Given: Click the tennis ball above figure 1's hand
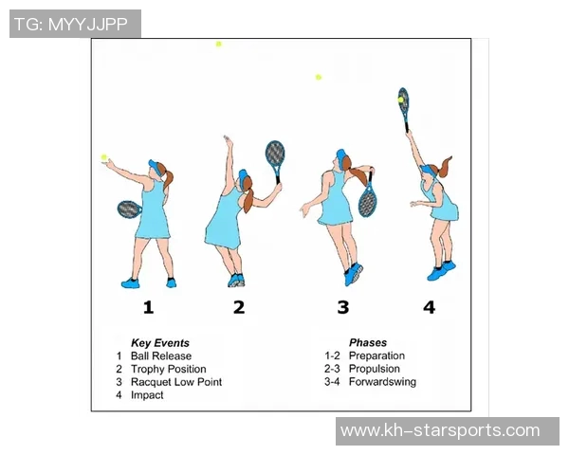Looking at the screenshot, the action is [103, 157].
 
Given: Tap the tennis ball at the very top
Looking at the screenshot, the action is [218, 45].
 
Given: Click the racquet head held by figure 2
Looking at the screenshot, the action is [275, 154].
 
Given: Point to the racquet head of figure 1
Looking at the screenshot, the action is [129, 209].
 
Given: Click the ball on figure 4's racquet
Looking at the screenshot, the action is [400, 100].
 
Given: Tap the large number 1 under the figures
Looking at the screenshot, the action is [148, 307].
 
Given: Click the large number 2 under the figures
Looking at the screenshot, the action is [239, 307].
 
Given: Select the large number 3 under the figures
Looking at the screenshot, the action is [343, 307].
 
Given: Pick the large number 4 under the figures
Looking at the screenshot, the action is [429, 307].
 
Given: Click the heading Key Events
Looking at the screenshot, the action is [160, 343].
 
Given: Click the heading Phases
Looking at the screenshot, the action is [368, 343].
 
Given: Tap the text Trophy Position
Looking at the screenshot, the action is [169, 370].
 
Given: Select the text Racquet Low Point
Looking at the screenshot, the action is [176, 382].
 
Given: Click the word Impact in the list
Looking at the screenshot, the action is [147, 395].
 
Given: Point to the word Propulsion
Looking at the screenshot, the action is [375, 369].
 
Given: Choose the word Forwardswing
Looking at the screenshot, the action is [382, 382].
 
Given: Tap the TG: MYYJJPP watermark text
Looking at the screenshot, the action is [71, 25].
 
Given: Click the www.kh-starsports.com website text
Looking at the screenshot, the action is [440, 431].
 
